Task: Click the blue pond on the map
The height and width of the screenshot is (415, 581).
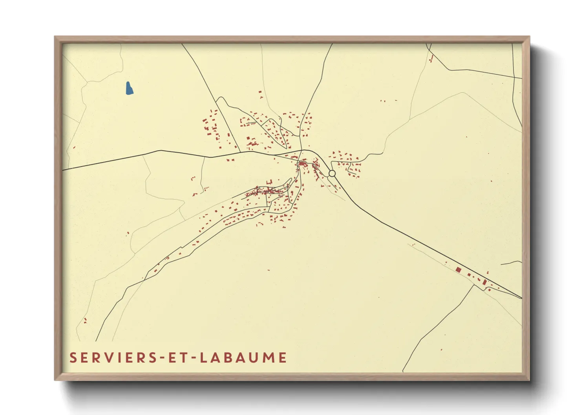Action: coord(129,88)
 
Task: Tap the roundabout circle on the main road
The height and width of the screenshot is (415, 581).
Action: coord(332,173)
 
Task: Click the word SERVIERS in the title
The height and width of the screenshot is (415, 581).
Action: coord(111,358)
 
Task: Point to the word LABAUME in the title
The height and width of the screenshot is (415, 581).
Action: coord(243,358)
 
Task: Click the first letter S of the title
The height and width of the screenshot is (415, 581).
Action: coord(73,358)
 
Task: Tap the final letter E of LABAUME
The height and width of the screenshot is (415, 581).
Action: coord(283,358)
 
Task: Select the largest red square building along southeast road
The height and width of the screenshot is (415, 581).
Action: coord(458,270)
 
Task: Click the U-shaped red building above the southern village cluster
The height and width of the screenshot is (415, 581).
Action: coord(269,182)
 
